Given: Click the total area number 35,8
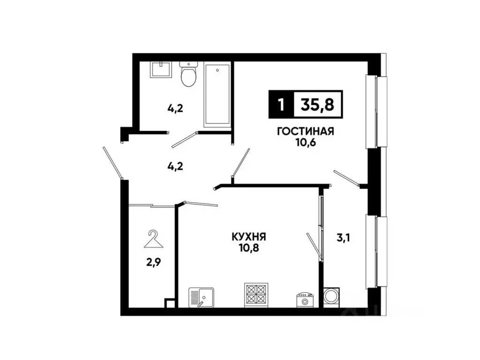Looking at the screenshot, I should coord(317,105).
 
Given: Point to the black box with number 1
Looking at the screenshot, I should coord(280,105).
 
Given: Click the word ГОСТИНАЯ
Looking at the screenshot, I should coord(305,131).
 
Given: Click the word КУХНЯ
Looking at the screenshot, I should coord(249,237).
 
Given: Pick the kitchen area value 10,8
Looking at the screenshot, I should coord(249,248).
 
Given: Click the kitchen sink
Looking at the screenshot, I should coord(202,297).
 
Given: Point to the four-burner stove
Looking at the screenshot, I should coord(256,295).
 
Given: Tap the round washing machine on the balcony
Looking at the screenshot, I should coord(332,297).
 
